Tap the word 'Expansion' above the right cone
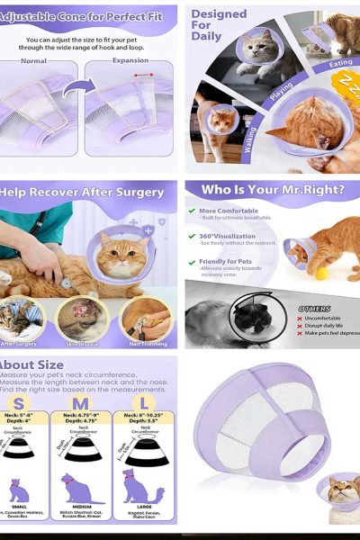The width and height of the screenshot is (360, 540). click(x=130, y=61)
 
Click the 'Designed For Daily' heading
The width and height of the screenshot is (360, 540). click(x=219, y=25)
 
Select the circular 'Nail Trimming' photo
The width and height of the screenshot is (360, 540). click(x=146, y=319)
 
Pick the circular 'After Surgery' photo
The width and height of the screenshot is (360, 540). click(x=22, y=319)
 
